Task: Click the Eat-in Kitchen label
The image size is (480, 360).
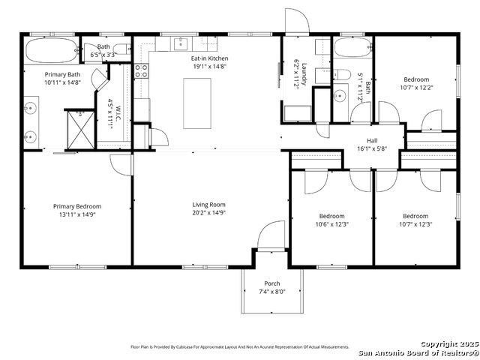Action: click(x=209, y=58)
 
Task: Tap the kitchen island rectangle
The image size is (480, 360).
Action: click(x=197, y=103)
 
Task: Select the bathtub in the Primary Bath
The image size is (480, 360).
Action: click(x=52, y=50)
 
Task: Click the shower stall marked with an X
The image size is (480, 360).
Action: click(x=81, y=130)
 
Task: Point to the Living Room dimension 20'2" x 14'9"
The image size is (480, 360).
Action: click(x=209, y=212)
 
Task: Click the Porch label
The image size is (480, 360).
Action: click(x=272, y=283)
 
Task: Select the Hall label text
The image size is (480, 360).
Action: click(x=372, y=141)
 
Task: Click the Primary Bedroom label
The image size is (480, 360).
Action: click(x=77, y=207)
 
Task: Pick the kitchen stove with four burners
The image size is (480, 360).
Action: click(x=142, y=70)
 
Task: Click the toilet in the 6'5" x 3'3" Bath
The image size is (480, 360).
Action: click(x=121, y=49)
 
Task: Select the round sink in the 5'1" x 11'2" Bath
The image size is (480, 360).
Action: click(x=340, y=97)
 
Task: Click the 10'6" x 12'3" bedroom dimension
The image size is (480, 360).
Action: click(x=332, y=224)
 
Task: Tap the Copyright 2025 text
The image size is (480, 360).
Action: click(x=449, y=344)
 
